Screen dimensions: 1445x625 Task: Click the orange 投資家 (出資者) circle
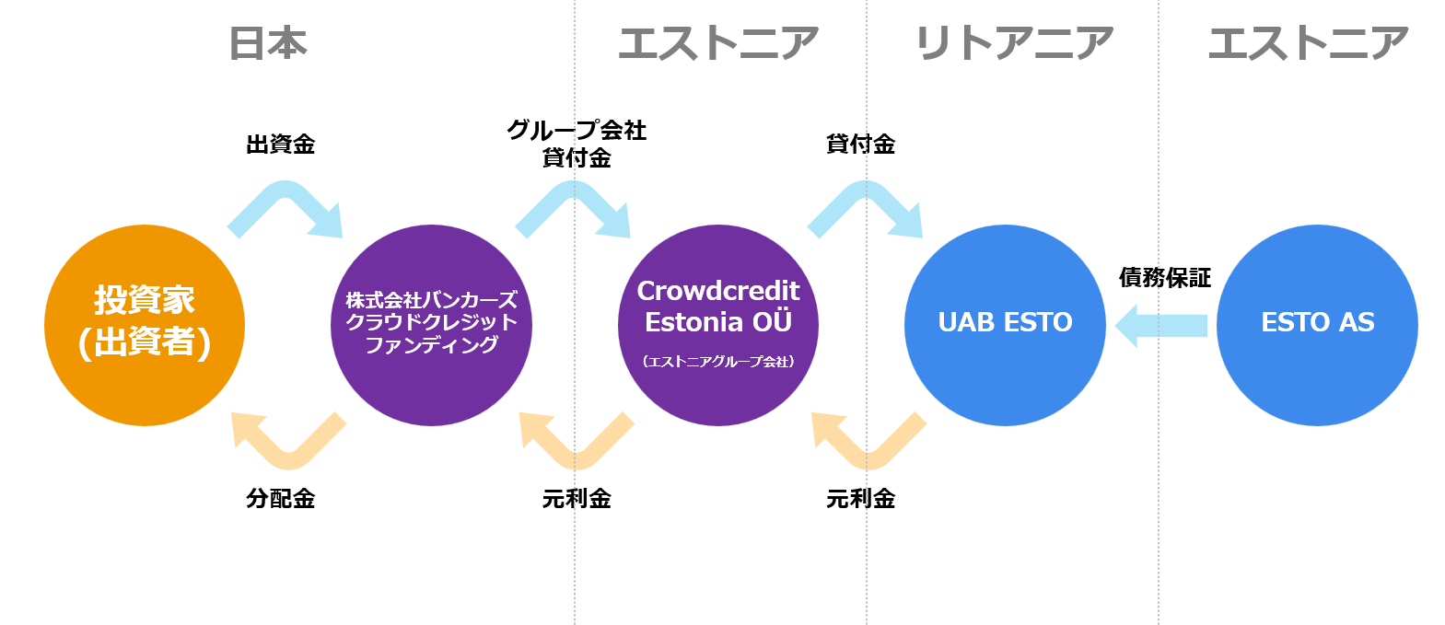(145, 325)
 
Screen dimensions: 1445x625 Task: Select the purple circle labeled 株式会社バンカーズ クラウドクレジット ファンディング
(431, 325)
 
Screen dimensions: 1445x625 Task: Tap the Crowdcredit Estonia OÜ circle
(718, 325)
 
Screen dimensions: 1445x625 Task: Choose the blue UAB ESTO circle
(1005, 325)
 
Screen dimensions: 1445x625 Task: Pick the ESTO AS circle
(1317, 325)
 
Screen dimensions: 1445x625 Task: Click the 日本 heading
(268, 43)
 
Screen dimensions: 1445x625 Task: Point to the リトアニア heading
(1013, 43)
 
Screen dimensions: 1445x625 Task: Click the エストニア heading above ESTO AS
(1309, 43)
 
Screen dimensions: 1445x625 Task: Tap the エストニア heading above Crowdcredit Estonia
(718, 43)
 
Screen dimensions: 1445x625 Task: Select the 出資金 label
(281, 144)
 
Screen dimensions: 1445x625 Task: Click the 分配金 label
(281, 499)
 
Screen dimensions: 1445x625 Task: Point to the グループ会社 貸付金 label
(577, 144)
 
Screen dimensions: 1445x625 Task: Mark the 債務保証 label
(1165, 277)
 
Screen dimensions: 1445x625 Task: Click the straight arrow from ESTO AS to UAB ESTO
(1161, 326)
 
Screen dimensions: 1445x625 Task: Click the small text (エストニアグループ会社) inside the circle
(718, 362)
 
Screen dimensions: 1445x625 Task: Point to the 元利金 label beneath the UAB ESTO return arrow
(860, 499)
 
